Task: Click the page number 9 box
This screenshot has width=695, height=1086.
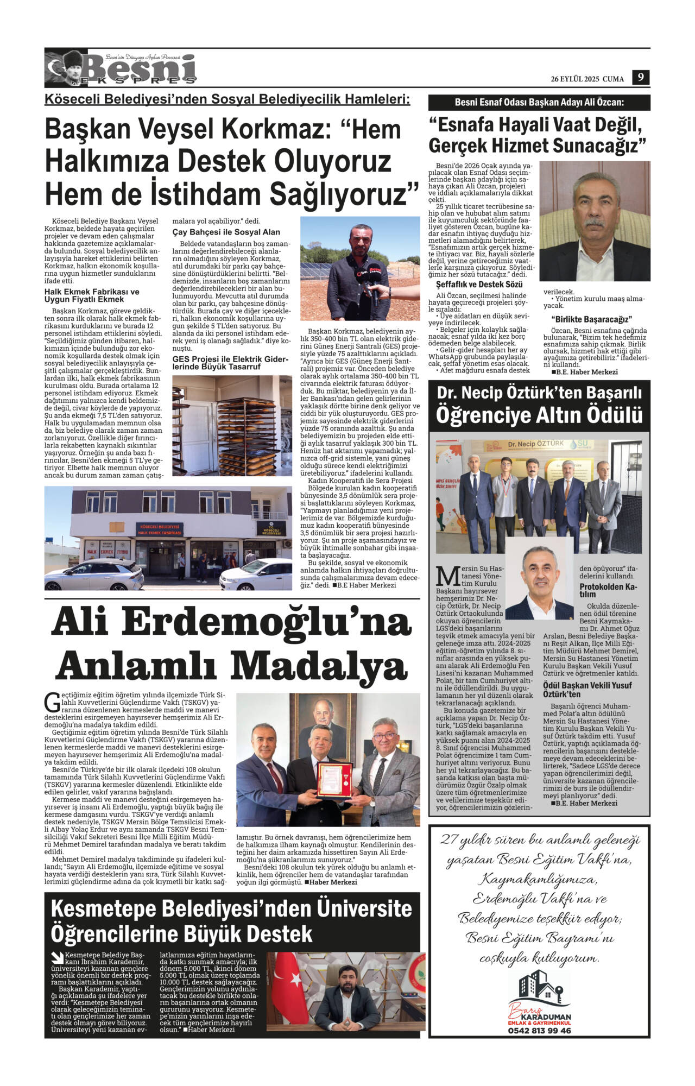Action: click(641, 78)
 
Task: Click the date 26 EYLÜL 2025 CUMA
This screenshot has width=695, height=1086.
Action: click(587, 79)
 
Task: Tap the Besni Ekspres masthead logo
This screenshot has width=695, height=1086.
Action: click(121, 68)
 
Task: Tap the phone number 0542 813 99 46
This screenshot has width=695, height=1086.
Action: click(539, 1046)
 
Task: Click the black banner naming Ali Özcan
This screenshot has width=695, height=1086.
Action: click(539, 103)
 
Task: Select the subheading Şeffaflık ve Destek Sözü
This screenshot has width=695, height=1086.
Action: click(479, 285)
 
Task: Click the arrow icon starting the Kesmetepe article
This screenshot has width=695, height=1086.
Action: click(56, 957)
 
